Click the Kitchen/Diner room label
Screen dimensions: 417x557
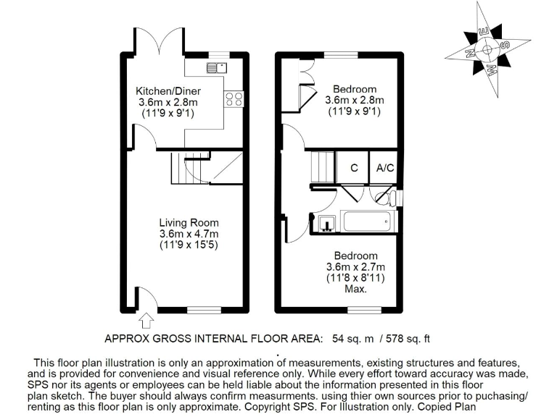click(168, 91)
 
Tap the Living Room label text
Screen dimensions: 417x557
click(189, 222)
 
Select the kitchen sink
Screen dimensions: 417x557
click(216, 68)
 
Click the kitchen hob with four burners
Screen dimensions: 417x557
click(233, 100)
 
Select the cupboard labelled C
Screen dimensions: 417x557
click(354, 168)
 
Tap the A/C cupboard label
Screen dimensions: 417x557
click(384, 168)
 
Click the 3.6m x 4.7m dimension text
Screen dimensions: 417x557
click(189, 234)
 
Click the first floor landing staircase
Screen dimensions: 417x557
click(322, 167)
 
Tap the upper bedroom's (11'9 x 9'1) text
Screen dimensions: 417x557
click(355, 111)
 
